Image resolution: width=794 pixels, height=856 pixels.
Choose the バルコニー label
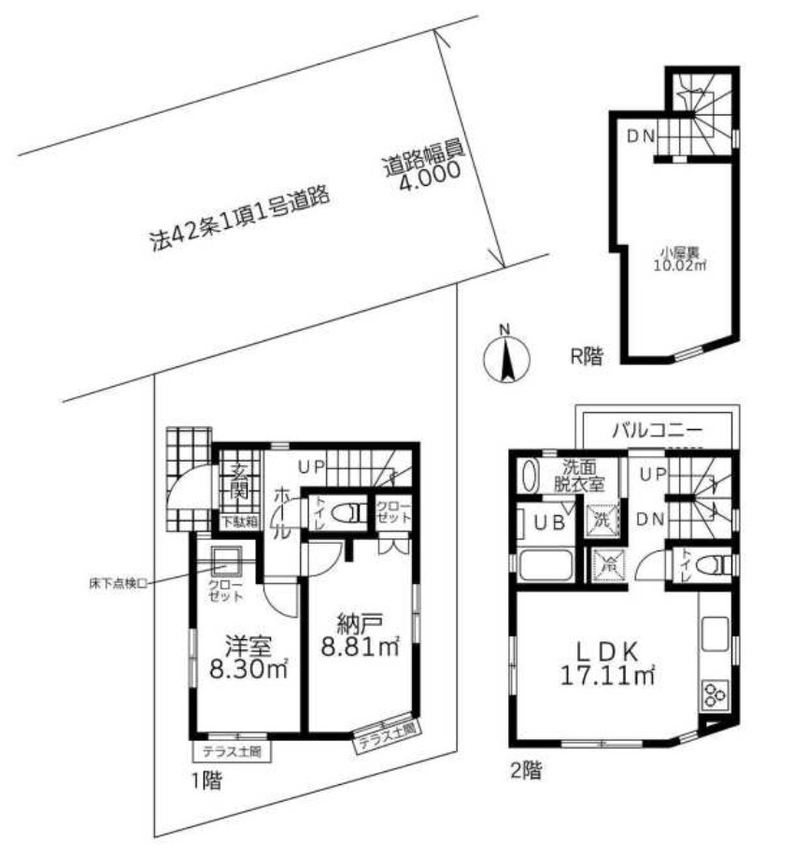[x=658, y=432]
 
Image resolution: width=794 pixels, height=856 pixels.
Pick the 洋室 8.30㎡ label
[x=247, y=658]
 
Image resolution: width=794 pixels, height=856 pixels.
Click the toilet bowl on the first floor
[x=354, y=513]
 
